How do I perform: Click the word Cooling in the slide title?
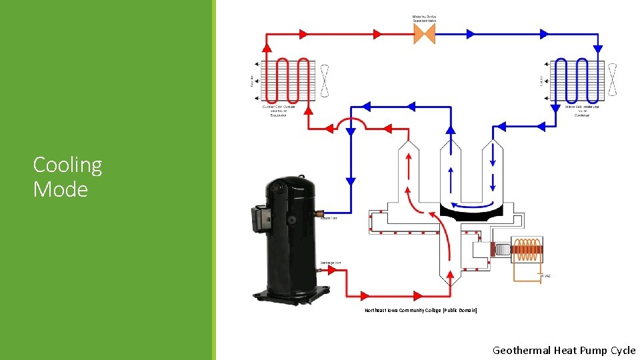point(67,165)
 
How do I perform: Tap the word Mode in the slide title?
point(60,189)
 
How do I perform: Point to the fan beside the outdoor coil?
point(325,81)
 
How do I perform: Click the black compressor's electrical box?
point(258,218)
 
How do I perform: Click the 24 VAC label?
point(545,275)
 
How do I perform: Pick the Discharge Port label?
point(331,263)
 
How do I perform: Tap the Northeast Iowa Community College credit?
point(420,311)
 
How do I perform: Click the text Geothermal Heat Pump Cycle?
point(564,350)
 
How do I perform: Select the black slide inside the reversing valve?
point(473,214)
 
